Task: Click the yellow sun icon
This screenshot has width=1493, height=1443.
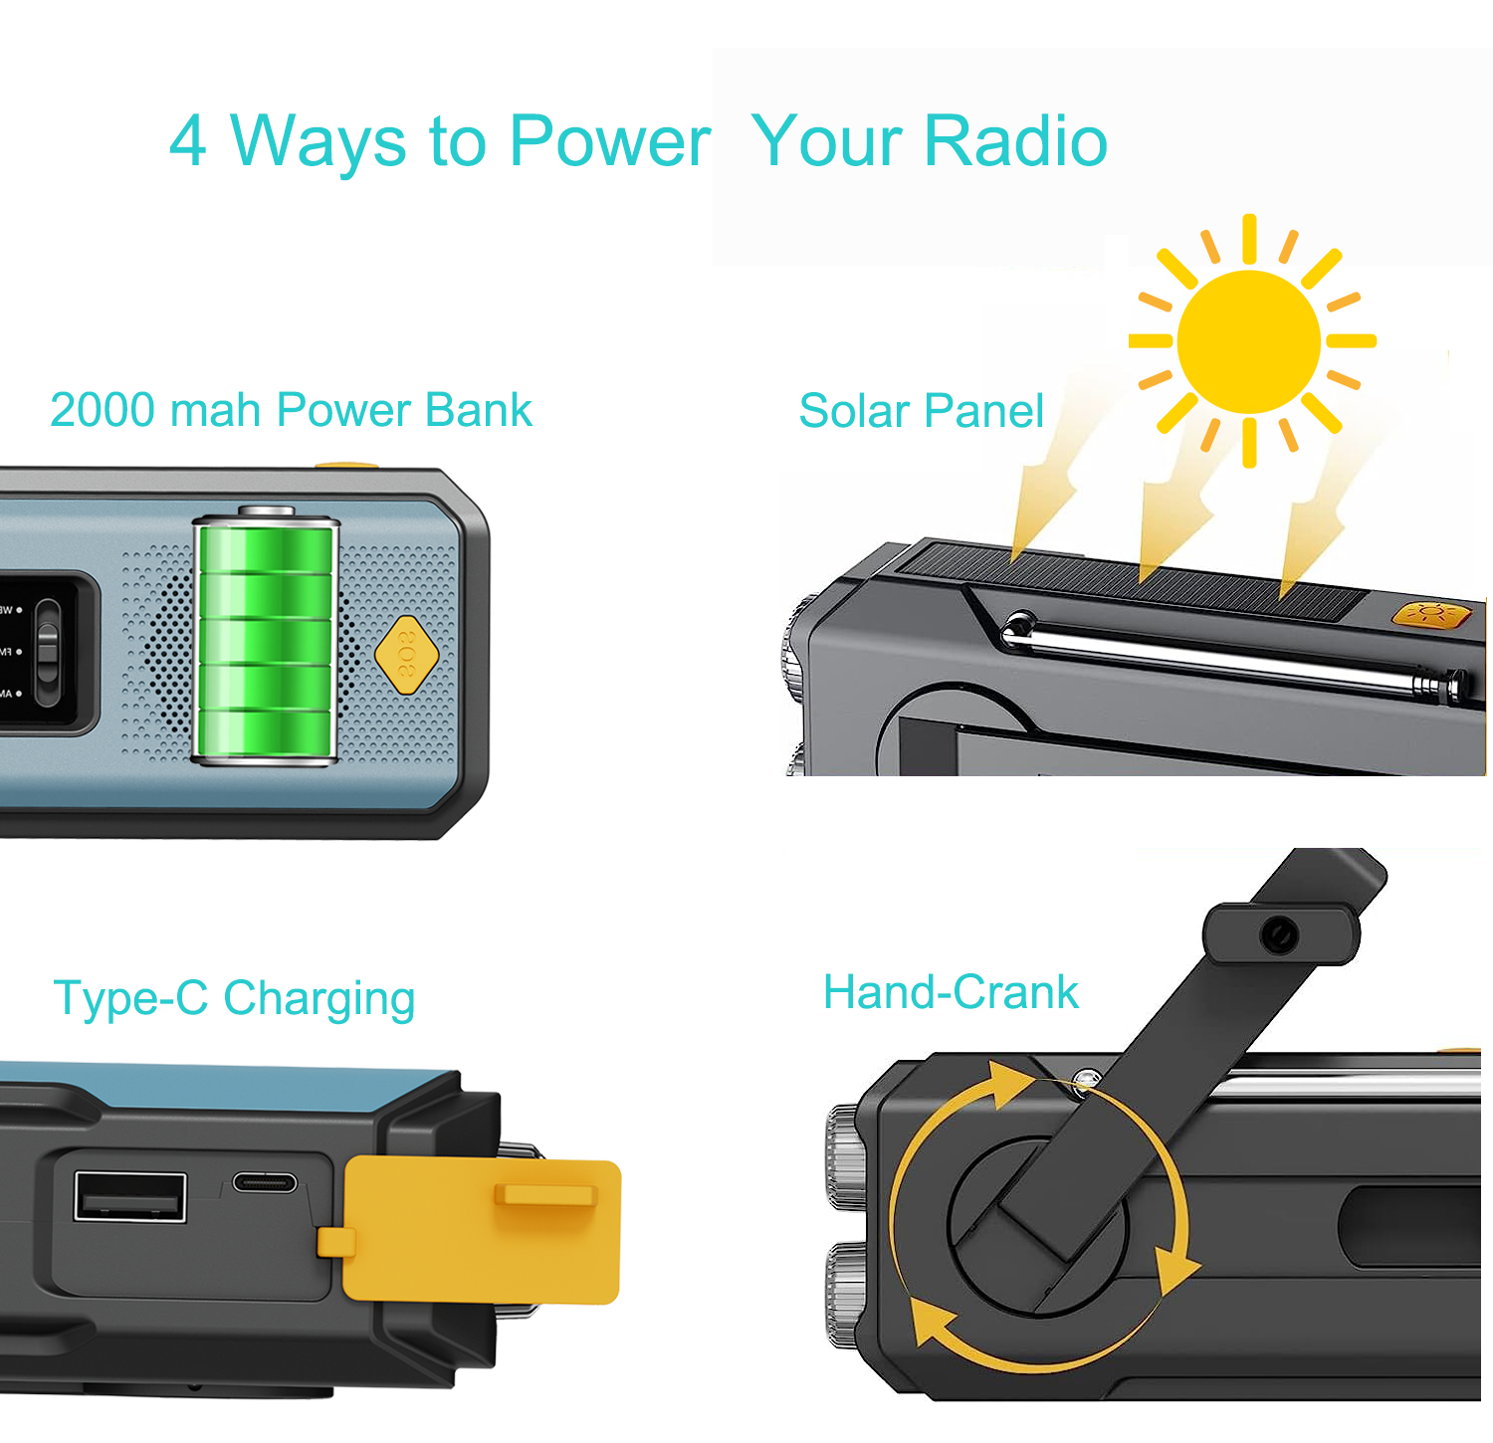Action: [x=1250, y=341]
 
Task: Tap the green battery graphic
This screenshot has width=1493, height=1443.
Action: [x=266, y=637]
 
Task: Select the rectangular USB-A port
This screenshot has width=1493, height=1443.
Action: [x=130, y=1197]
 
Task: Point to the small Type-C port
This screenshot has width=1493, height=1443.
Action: [x=264, y=1182]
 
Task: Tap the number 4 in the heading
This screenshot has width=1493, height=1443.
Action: [x=188, y=141]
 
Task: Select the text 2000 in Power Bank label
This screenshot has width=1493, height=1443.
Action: [x=103, y=410]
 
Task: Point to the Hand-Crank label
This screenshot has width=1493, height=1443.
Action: [x=951, y=992]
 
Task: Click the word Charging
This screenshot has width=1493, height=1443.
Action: [x=319, y=999]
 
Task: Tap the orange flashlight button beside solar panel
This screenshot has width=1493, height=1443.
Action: [x=1430, y=614]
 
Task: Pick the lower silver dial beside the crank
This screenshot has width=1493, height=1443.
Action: [x=846, y=1295]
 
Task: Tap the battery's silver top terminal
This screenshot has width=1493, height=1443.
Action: [x=266, y=511]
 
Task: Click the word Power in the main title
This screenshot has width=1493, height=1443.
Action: [x=609, y=141]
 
